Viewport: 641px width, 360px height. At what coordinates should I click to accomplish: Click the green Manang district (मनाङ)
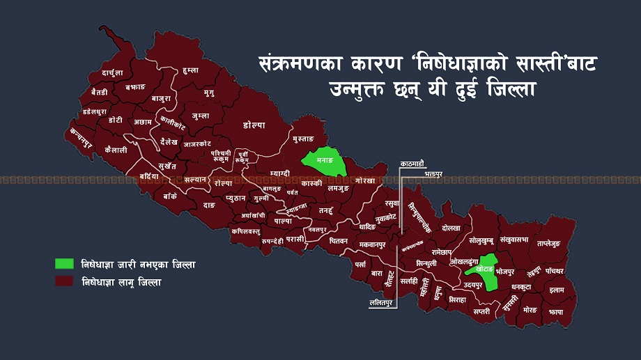click(323, 160)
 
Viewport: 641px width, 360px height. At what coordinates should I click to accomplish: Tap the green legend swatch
click(65, 264)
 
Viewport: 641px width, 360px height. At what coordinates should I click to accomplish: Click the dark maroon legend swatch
click(65, 283)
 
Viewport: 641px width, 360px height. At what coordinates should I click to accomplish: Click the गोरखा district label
click(364, 180)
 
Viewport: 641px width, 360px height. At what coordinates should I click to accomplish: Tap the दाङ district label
click(209, 205)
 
